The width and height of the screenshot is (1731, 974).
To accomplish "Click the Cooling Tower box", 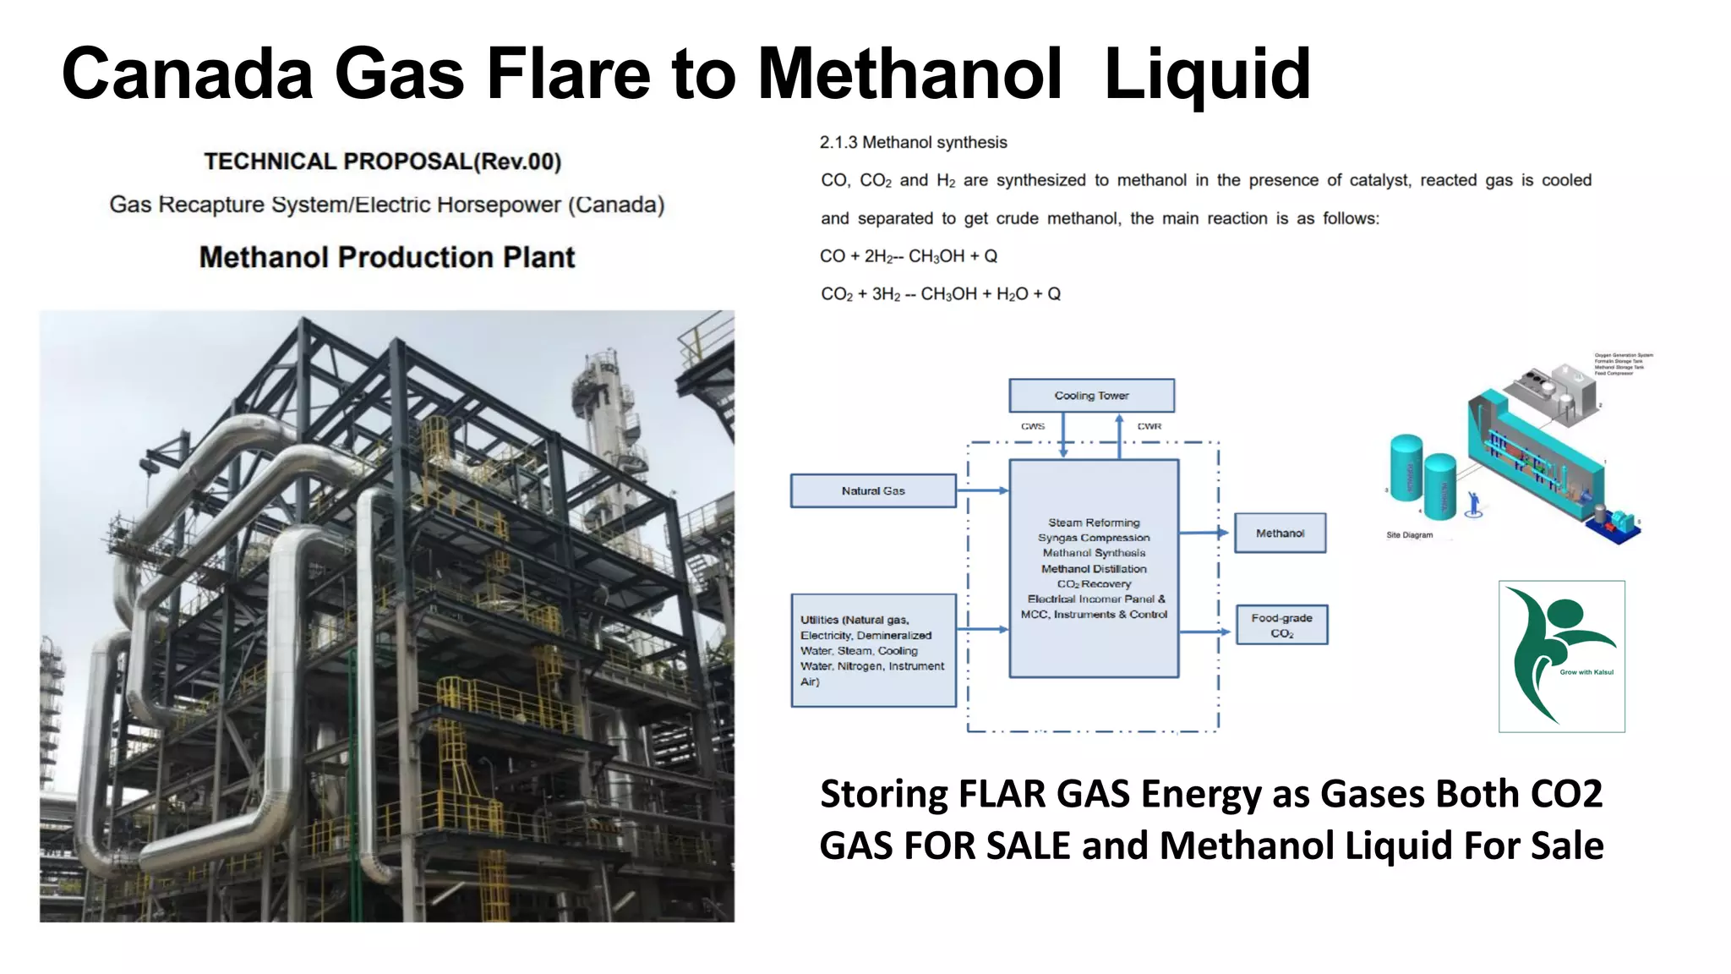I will click(x=1091, y=396).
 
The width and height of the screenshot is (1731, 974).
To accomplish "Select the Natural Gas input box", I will click(x=873, y=490).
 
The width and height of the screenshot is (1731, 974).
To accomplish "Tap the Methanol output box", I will click(x=1280, y=534).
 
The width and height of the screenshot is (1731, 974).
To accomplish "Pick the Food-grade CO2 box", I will click(x=1281, y=625).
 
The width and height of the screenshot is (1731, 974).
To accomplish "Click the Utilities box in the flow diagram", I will click(x=873, y=650).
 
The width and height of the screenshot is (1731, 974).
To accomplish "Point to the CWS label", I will click(x=1032, y=426).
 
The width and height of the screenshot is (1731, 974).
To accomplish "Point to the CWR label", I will click(x=1149, y=426).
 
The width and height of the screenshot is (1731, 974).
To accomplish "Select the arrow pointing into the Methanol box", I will click(x=1205, y=533).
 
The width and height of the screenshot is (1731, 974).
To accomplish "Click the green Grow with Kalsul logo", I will click(x=1561, y=656).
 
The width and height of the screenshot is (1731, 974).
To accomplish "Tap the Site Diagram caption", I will click(x=1409, y=535).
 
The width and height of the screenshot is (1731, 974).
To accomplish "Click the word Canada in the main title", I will click(x=187, y=74).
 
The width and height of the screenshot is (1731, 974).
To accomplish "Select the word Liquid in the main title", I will click(x=1207, y=74).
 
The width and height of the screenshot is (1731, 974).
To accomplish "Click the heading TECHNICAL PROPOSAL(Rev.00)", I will click(x=383, y=161).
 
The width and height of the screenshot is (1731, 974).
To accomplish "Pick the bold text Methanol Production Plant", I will click(x=387, y=257).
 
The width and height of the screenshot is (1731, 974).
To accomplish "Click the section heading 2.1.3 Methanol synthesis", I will click(x=913, y=142).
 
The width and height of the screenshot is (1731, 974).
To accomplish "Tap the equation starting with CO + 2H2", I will click(x=909, y=256).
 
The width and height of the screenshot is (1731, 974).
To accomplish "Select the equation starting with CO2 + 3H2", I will click(x=940, y=294).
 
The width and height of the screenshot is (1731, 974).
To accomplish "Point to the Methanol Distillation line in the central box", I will click(x=1094, y=569).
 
